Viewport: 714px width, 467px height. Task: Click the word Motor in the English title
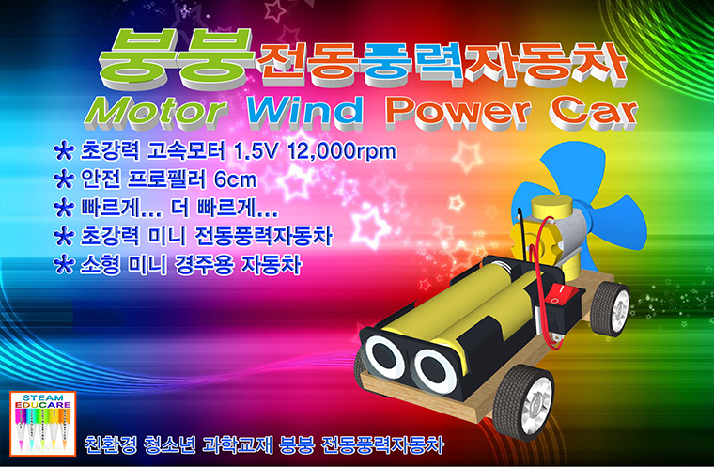click(x=156, y=112)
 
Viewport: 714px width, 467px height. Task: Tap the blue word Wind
click(x=305, y=110)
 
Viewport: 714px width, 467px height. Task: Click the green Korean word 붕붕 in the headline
click(x=177, y=58)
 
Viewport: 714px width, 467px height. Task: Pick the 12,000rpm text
click(x=342, y=151)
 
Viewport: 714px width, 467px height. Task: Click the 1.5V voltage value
click(x=255, y=151)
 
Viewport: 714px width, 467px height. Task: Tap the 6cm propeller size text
click(x=236, y=179)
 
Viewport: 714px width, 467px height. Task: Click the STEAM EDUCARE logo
click(x=43, y=423)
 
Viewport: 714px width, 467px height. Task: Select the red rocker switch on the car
click(x=560, y=294)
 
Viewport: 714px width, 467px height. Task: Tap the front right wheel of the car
click(x=523, y=401)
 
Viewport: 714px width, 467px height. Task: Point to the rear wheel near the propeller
click(x=610, y=309)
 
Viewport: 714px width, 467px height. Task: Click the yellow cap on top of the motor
click(x=551, y=207)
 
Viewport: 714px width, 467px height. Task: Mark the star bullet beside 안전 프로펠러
click(x=64, y=179)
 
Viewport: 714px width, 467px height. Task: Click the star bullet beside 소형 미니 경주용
click(x=64, y=264)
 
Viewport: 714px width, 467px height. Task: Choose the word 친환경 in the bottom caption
click(x=111, y=444)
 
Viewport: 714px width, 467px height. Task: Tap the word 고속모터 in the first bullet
click(x=185, y=151)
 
